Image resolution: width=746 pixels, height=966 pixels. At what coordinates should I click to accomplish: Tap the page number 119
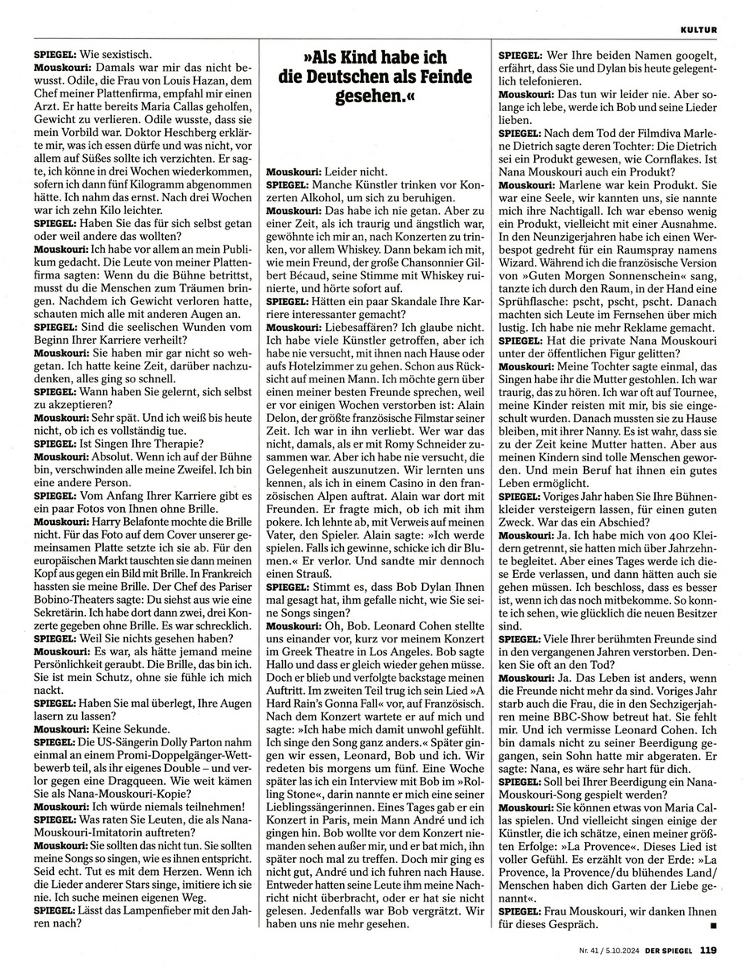pos(709,948)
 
